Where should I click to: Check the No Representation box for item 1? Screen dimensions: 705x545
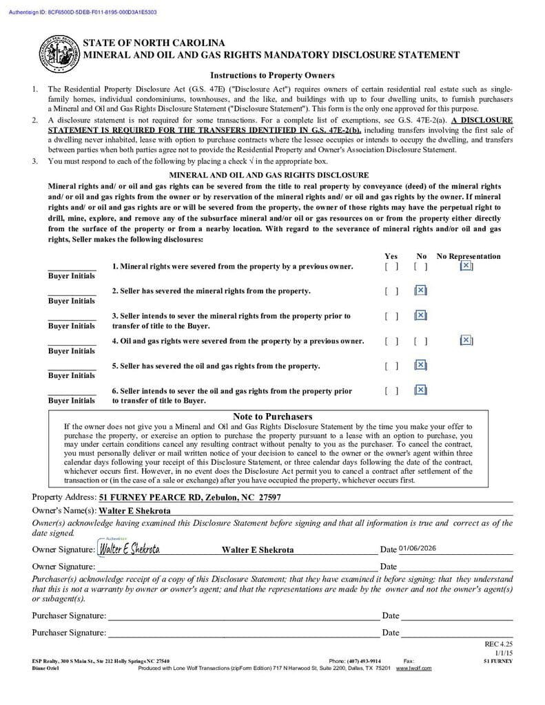pos(466,266)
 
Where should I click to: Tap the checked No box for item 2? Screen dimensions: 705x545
pos(421,291)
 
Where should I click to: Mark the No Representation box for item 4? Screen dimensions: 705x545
pos(466,340)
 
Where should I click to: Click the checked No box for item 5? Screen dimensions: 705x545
pos(421,366)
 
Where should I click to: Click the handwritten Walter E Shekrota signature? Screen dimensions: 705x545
pos(130,549)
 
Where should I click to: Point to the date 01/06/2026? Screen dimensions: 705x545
pos(417,549)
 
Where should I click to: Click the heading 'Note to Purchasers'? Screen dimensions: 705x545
pos(272,417)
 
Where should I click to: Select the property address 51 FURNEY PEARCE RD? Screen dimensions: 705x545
pos(189,497)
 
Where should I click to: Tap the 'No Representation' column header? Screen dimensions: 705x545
pos(469,256)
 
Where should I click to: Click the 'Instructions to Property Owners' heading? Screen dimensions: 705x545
pos(272,76)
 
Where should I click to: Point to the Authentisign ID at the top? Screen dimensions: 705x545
pos(83,12)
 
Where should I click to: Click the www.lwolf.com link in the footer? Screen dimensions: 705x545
pos(413,669)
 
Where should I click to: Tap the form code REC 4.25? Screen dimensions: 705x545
pos(499,644)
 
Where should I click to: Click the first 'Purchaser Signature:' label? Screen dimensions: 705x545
pos(69,615)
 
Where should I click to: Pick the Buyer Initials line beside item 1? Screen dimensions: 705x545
pos(72,269)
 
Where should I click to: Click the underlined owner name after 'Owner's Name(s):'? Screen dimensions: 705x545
pos(134,511)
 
